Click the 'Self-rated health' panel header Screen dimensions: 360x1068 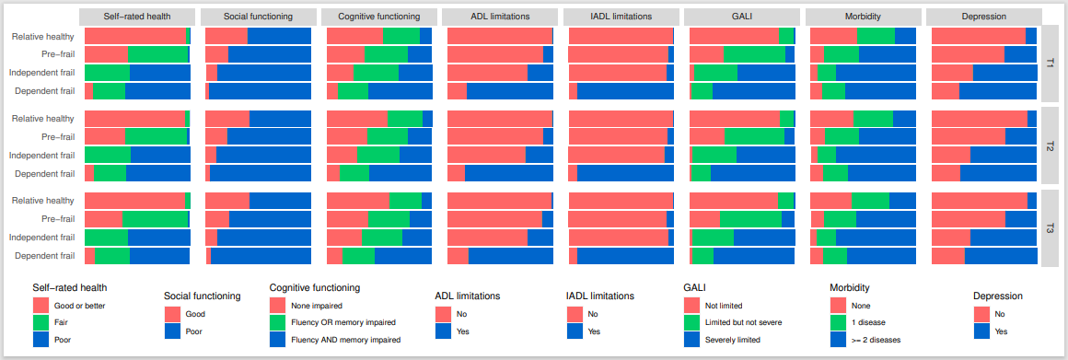tap(137, 17)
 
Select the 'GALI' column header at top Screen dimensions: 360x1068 tap(741, 17)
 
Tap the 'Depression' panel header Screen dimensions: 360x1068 tap(983, 17)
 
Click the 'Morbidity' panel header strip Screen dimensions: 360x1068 tap(863, 17)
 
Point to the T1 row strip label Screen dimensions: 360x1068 tap(1051, 64)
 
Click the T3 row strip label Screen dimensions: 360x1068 tap(1051, 228)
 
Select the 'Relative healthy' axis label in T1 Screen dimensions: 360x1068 tap(43, 36)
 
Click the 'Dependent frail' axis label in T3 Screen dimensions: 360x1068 tap(42, 256)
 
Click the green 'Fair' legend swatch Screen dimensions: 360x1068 tap(41, 322)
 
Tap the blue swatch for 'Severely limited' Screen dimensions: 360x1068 tap(691, 340)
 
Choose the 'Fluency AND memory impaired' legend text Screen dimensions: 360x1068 tap(345, 340)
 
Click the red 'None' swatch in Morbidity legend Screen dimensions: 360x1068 tap(838, 305)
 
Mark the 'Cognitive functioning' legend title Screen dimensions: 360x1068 tap(314, 287)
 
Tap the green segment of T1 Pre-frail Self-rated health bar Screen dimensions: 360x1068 tap(157, 54)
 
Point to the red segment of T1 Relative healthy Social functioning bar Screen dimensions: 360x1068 tap(226, 36)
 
